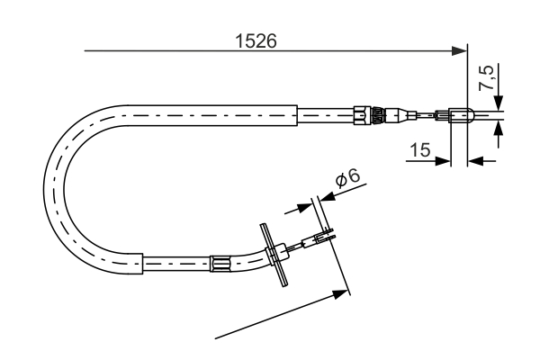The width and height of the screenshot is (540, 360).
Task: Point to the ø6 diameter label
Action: [348, 178]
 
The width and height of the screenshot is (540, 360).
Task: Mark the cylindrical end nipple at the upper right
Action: [458, 114]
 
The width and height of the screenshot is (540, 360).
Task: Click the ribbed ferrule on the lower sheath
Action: [220, 264]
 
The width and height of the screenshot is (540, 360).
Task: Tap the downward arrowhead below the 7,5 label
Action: [499, 103]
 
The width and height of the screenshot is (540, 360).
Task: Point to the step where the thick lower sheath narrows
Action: [143, 263]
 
